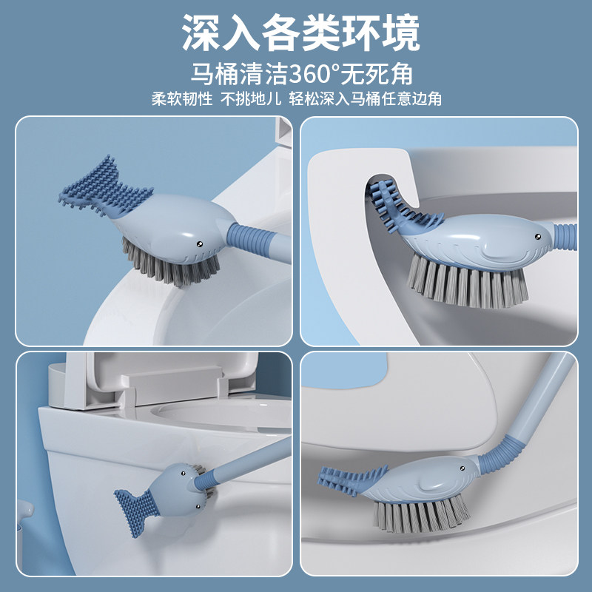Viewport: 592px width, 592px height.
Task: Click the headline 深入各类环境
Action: pos(300,33)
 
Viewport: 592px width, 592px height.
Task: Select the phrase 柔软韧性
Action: pos(182,99)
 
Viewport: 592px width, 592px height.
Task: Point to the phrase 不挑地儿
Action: pos(251,99)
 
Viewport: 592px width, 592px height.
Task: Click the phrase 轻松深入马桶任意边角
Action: pos(365,99)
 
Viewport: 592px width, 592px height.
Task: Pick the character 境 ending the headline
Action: pos(400,33)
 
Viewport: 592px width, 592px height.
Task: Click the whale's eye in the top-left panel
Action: pos(199,244)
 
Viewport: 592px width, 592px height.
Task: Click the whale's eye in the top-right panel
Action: pos(537,237)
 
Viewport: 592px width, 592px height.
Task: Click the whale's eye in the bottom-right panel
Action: pos(462,468)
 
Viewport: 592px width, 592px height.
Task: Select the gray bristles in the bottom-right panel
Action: pos(421,514)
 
